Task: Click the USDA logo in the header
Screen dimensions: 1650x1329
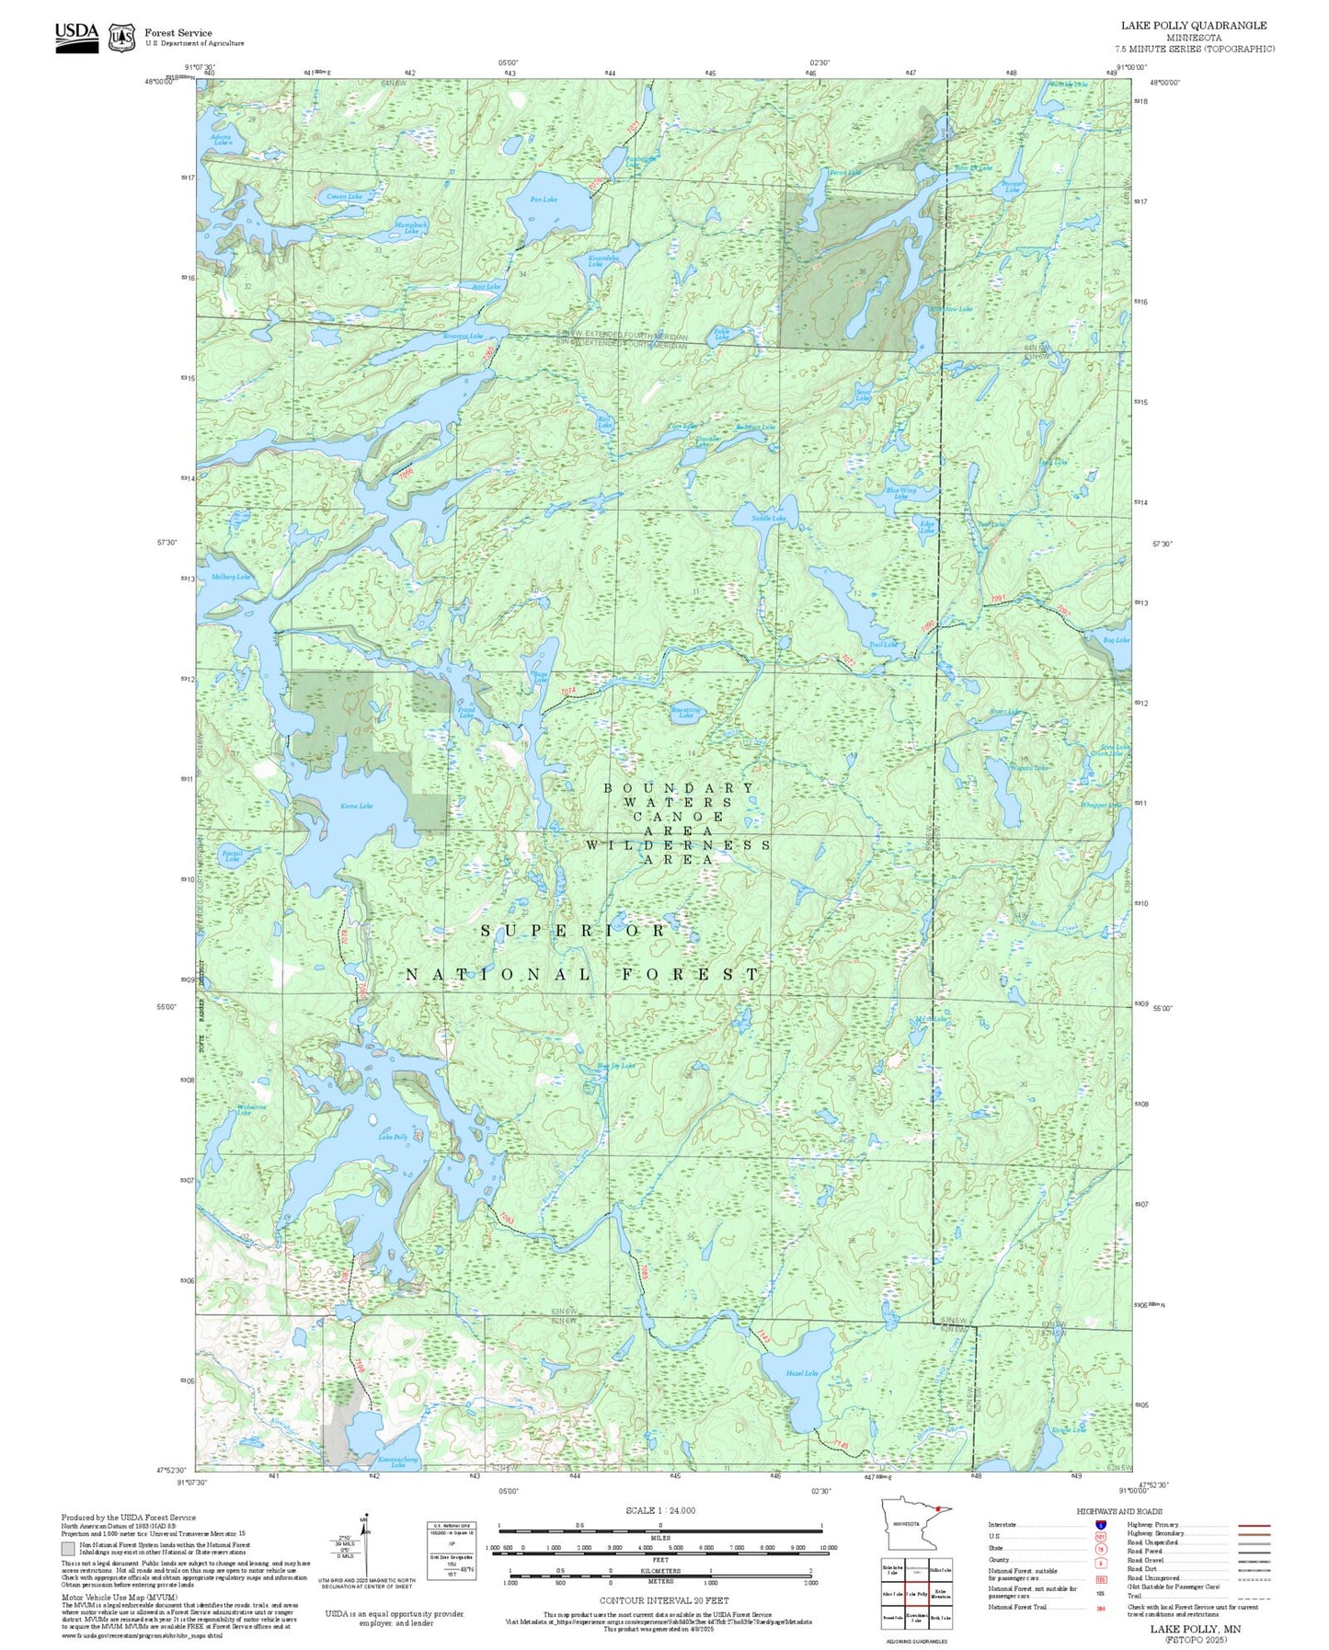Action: (x=76, y=35)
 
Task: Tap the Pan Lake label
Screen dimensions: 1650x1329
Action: (x=544, y=200)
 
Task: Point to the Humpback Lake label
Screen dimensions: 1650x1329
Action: (x=411, y=227)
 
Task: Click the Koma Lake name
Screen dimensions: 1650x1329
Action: (x=356, y=806)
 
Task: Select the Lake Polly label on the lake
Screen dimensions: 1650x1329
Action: (x=393, y=1138)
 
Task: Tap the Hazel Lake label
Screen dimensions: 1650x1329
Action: (x=801, y=1373)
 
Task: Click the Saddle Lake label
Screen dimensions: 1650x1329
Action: (x=769, y=519)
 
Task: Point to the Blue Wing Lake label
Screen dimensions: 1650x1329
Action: (x=900, y=493)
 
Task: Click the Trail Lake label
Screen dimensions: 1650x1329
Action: (x=883, y=645)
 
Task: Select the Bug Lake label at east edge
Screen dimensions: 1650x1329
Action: (x=1117, y=640)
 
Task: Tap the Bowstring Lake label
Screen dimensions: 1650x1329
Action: (x=686, y=713)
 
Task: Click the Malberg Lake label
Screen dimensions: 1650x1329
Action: (x=230, y=577)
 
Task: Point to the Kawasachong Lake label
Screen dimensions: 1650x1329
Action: (x=398, y=1461)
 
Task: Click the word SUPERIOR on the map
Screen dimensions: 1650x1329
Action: (x=574, y=931)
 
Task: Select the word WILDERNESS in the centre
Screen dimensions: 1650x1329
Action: (x=678, y=844)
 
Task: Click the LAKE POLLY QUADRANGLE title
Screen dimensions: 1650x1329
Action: (x=1194, y=26)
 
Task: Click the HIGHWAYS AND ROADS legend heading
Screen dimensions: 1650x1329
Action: (x=1119, y=1511)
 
